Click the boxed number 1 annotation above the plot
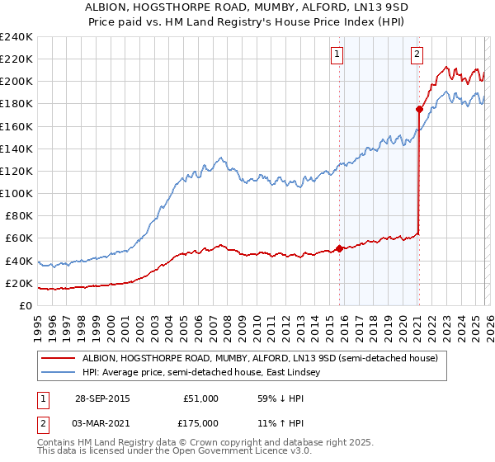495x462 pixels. (x=338, y=55)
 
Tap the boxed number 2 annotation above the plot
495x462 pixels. (x=417, y=55)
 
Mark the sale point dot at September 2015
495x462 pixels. (x=339, y=248)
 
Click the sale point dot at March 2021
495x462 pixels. (x=419, y=109)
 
